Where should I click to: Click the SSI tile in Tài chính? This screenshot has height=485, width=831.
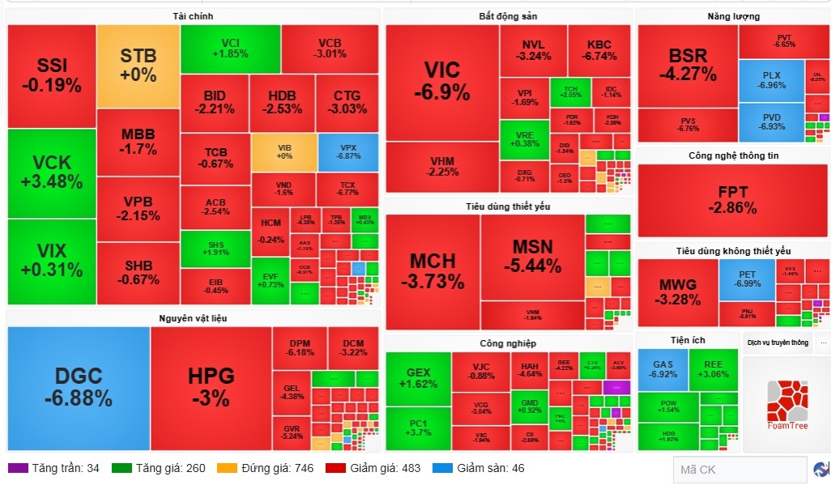click(x=52, y=75)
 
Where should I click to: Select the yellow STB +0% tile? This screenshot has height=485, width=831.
click(x=138, y=66)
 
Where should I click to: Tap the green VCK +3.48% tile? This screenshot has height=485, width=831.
click(x=52, y=173)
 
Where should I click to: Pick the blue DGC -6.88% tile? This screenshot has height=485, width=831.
click(x=79, y=387)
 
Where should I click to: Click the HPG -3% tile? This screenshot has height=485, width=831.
click(x=211, y=387)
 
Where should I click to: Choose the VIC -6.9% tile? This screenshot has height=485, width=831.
click(x=441, y=81)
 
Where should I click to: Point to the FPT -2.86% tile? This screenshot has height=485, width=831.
click(x=732, y=200)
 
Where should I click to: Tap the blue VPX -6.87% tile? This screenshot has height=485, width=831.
click(x=348, y=151)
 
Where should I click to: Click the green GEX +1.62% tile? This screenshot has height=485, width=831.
click(x=418, y=378)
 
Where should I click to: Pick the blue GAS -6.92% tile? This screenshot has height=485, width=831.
click(x=663, y=369)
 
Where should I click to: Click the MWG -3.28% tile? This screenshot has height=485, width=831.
click(x=678, y=292)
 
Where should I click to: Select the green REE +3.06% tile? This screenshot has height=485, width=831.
click(x=713, y=369)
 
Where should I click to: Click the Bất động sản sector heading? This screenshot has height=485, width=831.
click(x=508, y=16)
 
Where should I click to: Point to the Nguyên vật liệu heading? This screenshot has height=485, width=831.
click(x=193, y=317)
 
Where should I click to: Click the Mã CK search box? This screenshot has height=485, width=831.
click(x=739, y=469)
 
